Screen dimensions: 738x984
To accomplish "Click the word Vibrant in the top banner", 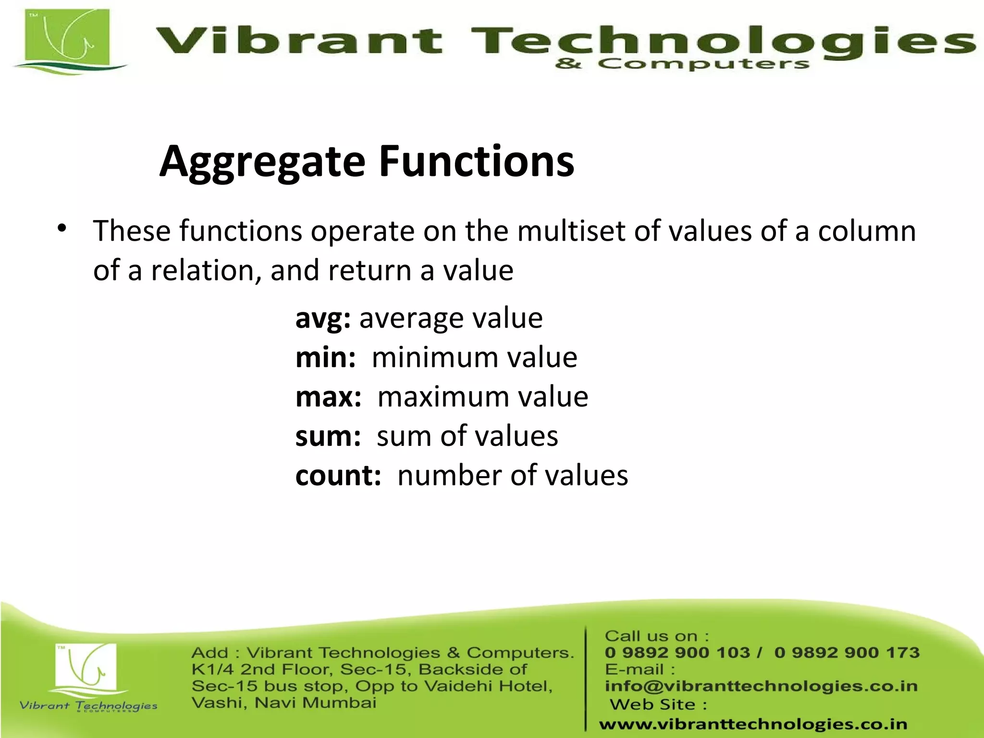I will coord(298,40).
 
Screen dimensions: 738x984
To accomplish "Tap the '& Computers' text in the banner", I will coord(682,64).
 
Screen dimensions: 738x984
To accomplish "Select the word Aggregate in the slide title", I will coord(262,162).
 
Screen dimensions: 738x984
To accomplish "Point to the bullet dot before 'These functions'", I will coord(61,228).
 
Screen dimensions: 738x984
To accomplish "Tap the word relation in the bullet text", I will coord(202,270).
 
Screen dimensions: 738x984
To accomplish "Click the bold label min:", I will coord(325,358).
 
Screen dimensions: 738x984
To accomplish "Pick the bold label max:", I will coord(328,397).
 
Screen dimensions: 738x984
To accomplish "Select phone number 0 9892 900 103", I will coord(677,652).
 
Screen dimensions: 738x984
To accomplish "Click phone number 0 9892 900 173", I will coord(847,652).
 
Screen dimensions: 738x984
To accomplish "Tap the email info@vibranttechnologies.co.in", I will coord(761,686).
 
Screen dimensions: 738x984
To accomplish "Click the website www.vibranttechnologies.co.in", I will coord(753,724).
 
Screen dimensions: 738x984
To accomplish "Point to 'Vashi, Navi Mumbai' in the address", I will coord(283,703).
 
